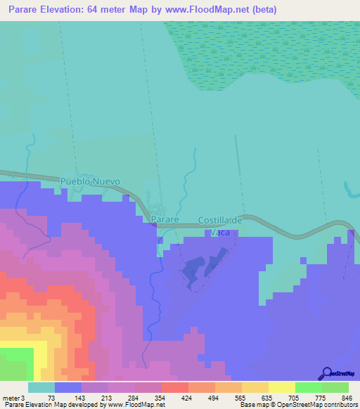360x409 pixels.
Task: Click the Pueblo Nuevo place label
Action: click(90, 181)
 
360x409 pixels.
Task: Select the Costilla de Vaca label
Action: click(220, 225)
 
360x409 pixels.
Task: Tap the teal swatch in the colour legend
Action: click(41, 387)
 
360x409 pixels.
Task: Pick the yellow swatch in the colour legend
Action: click(281, 387)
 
